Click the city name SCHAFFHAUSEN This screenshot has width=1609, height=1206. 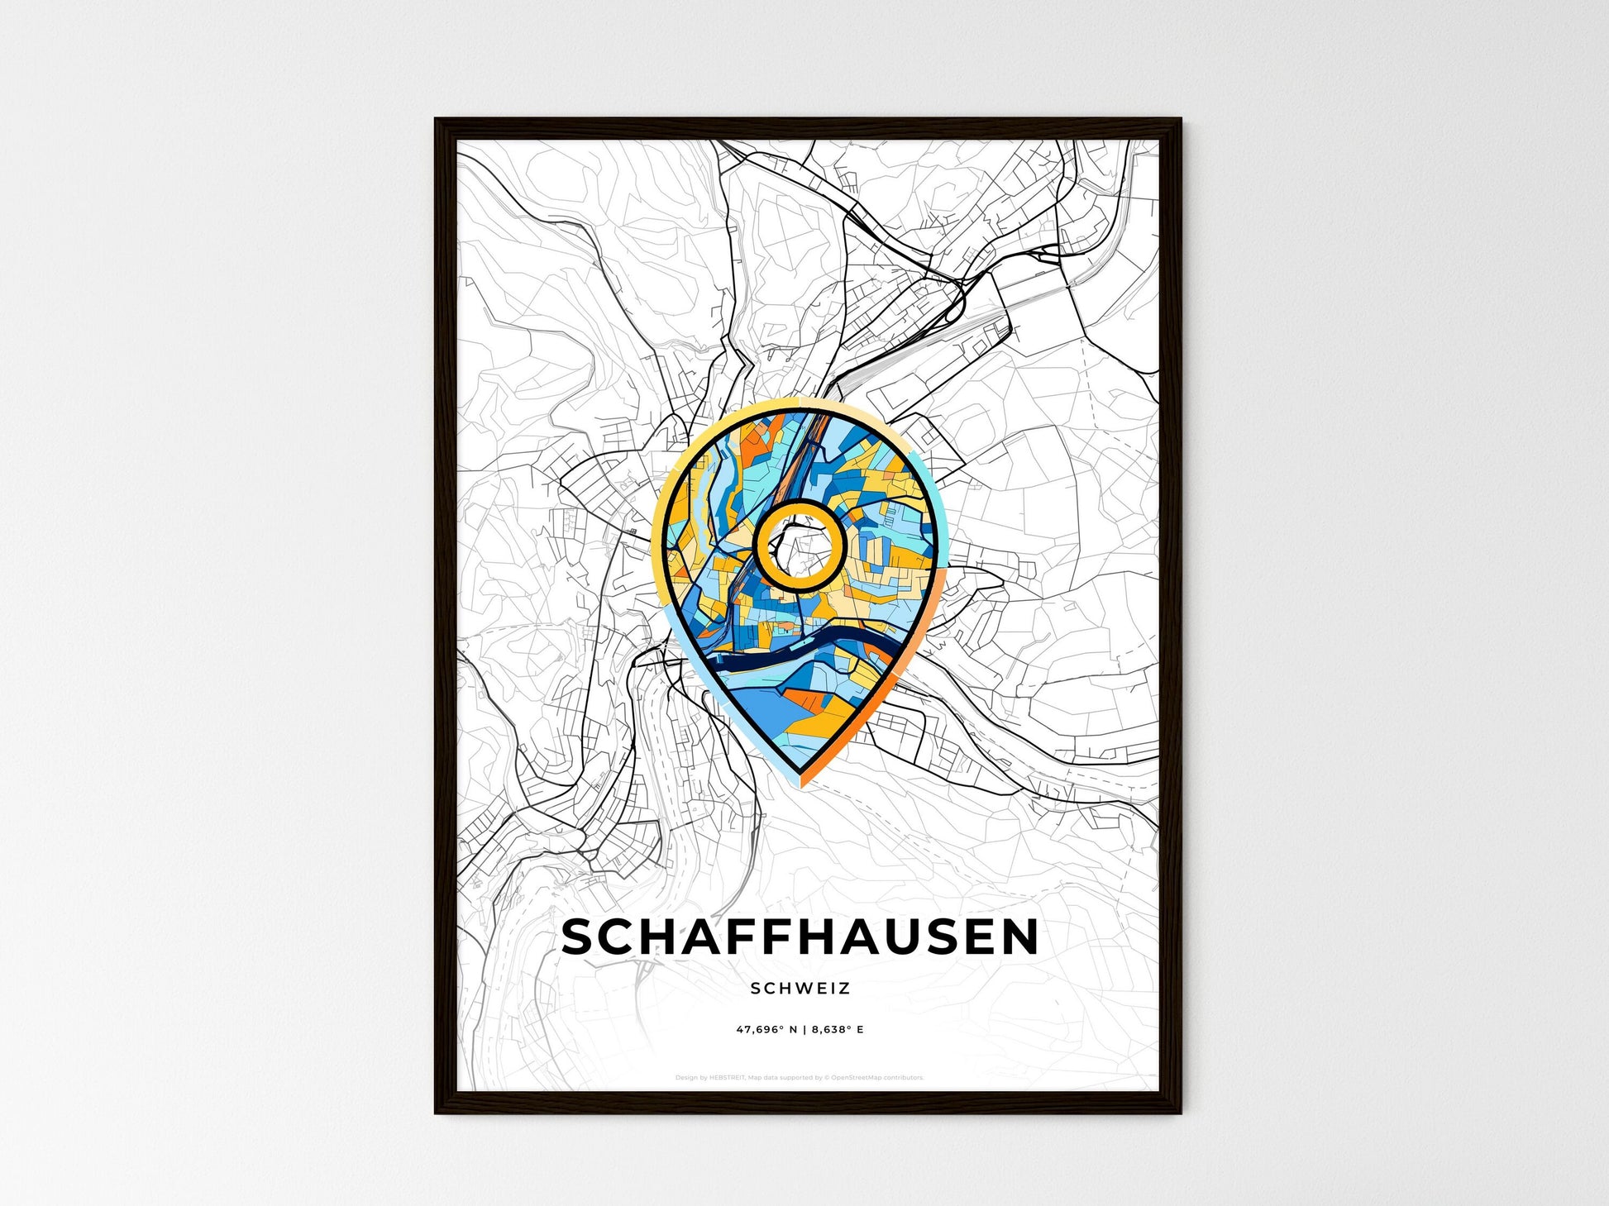pos(800,937)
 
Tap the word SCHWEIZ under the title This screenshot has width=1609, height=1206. pos(800,988)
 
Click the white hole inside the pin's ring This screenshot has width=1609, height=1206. pos(799,546)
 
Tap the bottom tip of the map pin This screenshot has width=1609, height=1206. pos(801,780)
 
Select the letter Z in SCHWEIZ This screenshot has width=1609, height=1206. pos(844,988)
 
